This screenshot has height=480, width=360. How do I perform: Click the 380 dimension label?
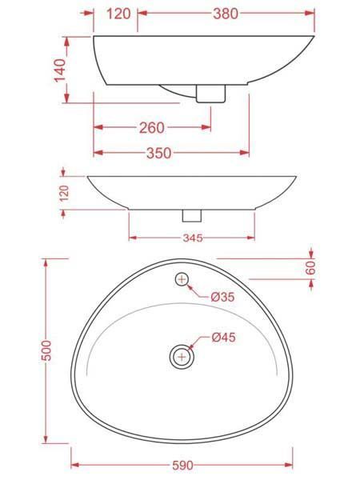tap(226, 14)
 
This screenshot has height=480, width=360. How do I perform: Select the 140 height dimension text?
tap(60, 70)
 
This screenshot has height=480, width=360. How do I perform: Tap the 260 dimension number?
tap(152, 127)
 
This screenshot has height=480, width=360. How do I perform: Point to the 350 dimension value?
tap(159, 153)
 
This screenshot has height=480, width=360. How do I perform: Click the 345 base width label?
tap(193, 238)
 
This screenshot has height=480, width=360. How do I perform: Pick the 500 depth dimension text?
tap(46, 350)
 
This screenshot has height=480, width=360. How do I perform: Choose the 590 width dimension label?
tap(182, 466)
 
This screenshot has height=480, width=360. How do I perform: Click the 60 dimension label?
tap(310, 269)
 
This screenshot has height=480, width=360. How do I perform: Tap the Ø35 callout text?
tap(223, 296)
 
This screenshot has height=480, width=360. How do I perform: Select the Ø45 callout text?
tap(223, 337)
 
